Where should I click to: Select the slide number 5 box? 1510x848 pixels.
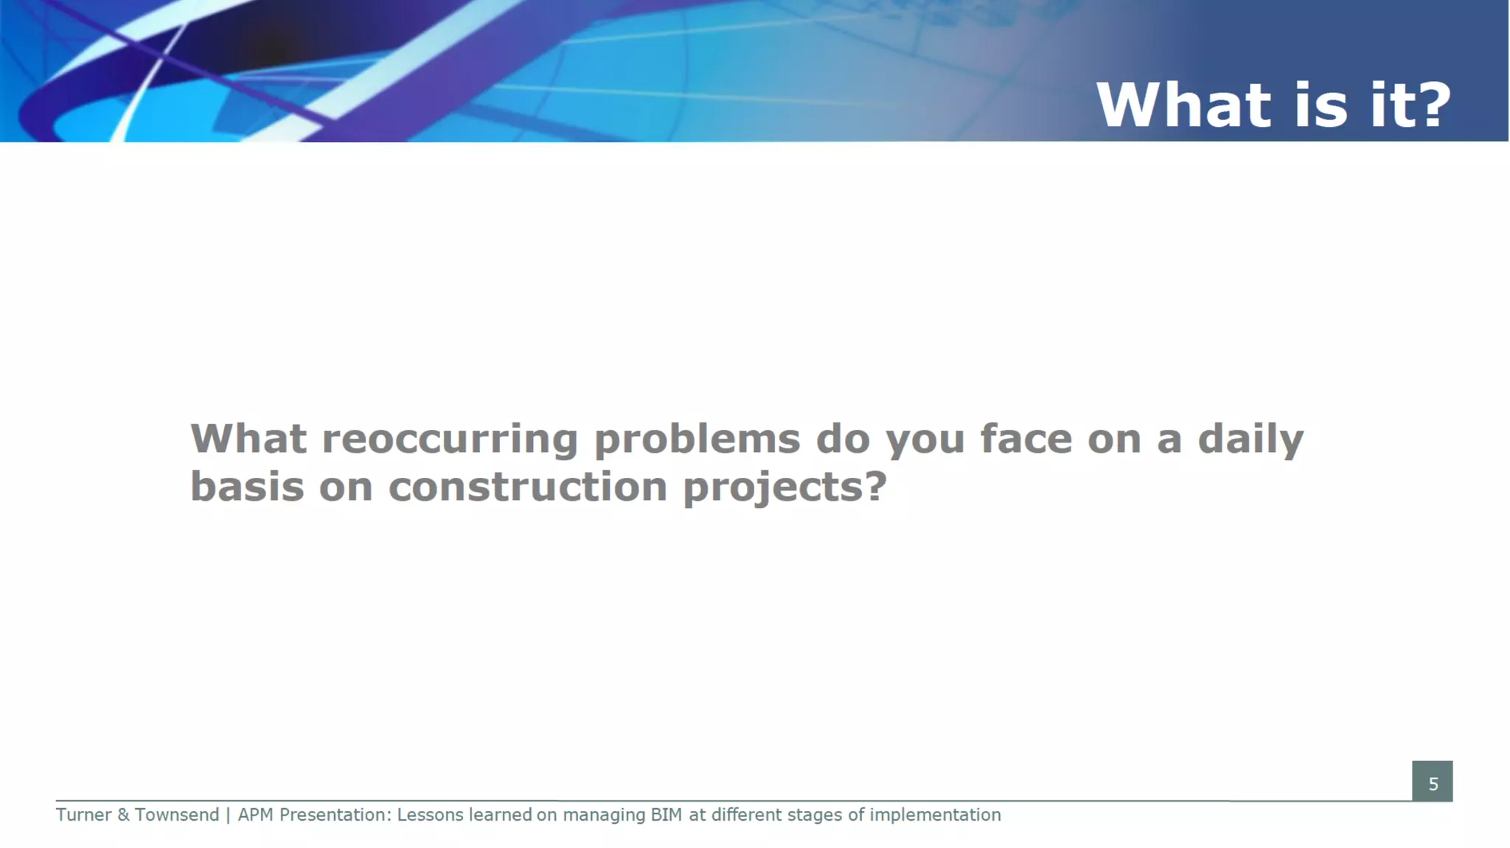click(1432, 782)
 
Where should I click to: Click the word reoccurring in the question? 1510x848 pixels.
click(450, 439)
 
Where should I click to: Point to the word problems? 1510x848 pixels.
click(697, 440)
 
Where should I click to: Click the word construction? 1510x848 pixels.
click(527, 487)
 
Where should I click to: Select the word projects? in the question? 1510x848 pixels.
click(784, 488)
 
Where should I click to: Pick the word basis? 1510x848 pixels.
click(247, 487)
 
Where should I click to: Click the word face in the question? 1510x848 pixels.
click(1026, 439)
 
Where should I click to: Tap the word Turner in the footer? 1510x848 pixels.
click(83, 815)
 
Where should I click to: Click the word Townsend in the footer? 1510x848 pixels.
click(177, 815)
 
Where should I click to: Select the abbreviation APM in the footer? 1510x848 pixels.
click(255, 815)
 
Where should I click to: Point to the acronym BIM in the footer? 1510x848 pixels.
click(666, 815)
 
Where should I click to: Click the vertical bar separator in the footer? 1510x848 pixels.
click(228, 815)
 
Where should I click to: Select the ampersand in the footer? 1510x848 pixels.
click(123, 815)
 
